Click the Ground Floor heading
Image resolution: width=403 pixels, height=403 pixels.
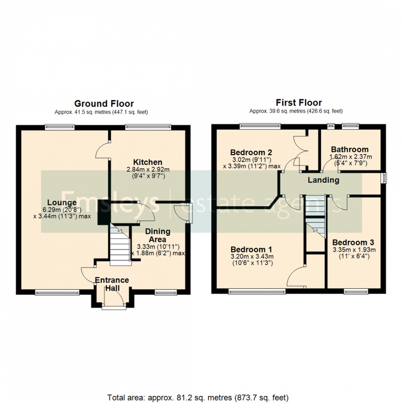click(104, 104)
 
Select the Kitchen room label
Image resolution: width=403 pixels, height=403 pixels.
click(147, 162)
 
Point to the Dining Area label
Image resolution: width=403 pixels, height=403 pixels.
click(158, 235)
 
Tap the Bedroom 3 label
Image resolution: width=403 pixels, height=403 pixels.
click(353, 242)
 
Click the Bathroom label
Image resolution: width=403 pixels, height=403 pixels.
click(350, 149)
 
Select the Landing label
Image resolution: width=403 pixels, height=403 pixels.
click(324, 180)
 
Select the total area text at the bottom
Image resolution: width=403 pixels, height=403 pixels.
click(198, 397)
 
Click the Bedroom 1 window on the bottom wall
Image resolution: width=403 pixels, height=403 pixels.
click(257, 292)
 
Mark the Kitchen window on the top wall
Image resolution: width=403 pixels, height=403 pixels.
click(148, 127)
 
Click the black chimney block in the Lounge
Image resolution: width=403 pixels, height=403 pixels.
click(103, 212)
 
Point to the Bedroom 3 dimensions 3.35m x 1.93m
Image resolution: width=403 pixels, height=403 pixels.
click(353, 250)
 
